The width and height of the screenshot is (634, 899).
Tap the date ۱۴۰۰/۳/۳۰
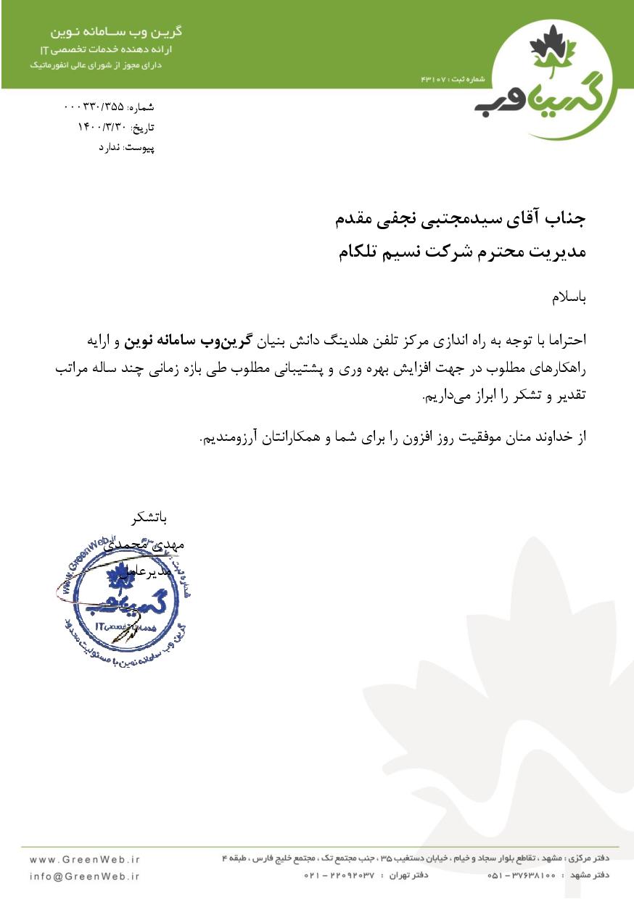pyautogui.click(x=102, y=127)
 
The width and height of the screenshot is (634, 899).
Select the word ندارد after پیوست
pyautogui.click(x=111, y=147)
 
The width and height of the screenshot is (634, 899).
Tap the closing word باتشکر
pyautogui.click(x=150, y=519)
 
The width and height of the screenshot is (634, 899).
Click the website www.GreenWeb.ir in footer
pyautogui.click(x=85, y=859)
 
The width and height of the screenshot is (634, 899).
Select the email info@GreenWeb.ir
pyautogui.click(x=85, y=876)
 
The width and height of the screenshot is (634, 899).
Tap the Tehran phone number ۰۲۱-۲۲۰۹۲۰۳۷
pyautogui.click(x=339, y=876)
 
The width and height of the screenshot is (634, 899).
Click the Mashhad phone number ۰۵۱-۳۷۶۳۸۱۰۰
pyautogui.click(x=522, y=876)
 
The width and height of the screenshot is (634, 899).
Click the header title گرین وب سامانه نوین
pyautogui.click(x=115, y=33)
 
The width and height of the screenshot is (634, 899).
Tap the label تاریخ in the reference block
pyautogui.click(x=146, y=128)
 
